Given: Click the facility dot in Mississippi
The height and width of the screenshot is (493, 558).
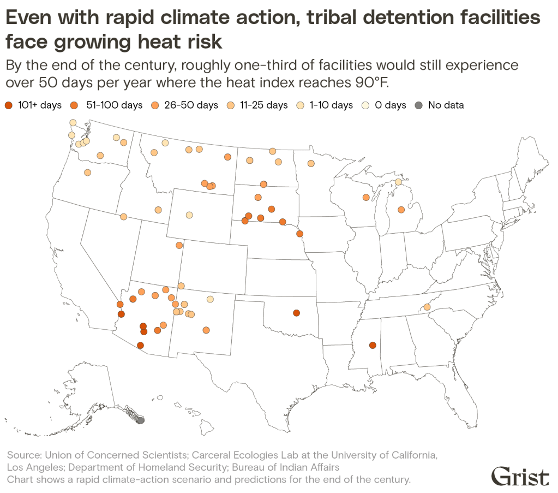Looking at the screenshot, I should tap(373, 345).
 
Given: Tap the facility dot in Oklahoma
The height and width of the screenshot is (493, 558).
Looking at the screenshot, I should tap(296, 313).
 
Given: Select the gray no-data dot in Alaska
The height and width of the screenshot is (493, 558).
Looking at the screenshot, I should tap(141, 420).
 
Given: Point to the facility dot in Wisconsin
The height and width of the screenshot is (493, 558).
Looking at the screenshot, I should tap(366, 197).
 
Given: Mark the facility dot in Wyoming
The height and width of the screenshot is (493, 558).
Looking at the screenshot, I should tap(189, 215).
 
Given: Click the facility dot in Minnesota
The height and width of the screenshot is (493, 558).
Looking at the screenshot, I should tap(311, 163).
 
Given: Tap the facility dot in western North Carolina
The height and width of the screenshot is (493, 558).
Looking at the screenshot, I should tap(427, 307).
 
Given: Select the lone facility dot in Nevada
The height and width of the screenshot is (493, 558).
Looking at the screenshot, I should tap(124, 217).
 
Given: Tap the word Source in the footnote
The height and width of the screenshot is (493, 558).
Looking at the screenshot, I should tap(23, 454).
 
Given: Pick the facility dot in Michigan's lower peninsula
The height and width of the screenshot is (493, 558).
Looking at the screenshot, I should tap(401, 209).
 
